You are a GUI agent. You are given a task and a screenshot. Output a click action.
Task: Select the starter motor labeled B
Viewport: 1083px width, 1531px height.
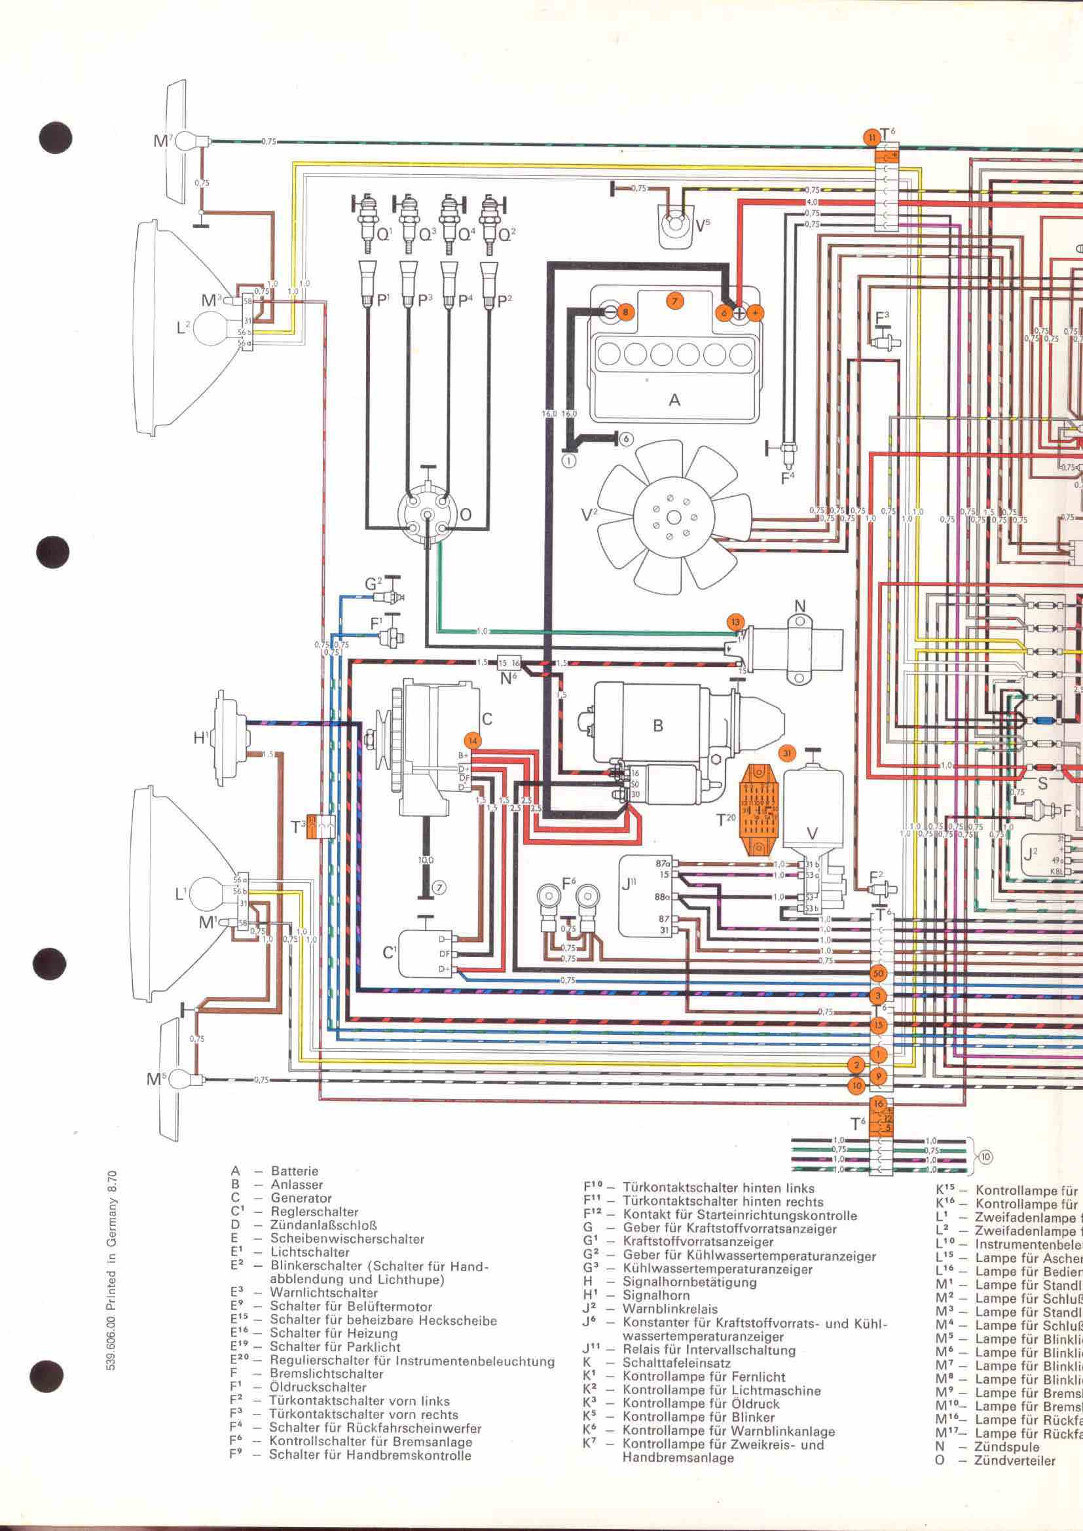pyautogui.click(x=657, y=727)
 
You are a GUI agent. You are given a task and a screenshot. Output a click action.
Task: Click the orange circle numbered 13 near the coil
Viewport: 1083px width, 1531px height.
pyautogui.click(x=735, y=622)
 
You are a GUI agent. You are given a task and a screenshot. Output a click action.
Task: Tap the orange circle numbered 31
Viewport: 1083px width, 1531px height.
pyautogui.click(x=788, y=753)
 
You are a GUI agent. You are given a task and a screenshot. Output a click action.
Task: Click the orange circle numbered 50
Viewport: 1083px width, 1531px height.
pyautogui.click(x=878, y=973)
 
